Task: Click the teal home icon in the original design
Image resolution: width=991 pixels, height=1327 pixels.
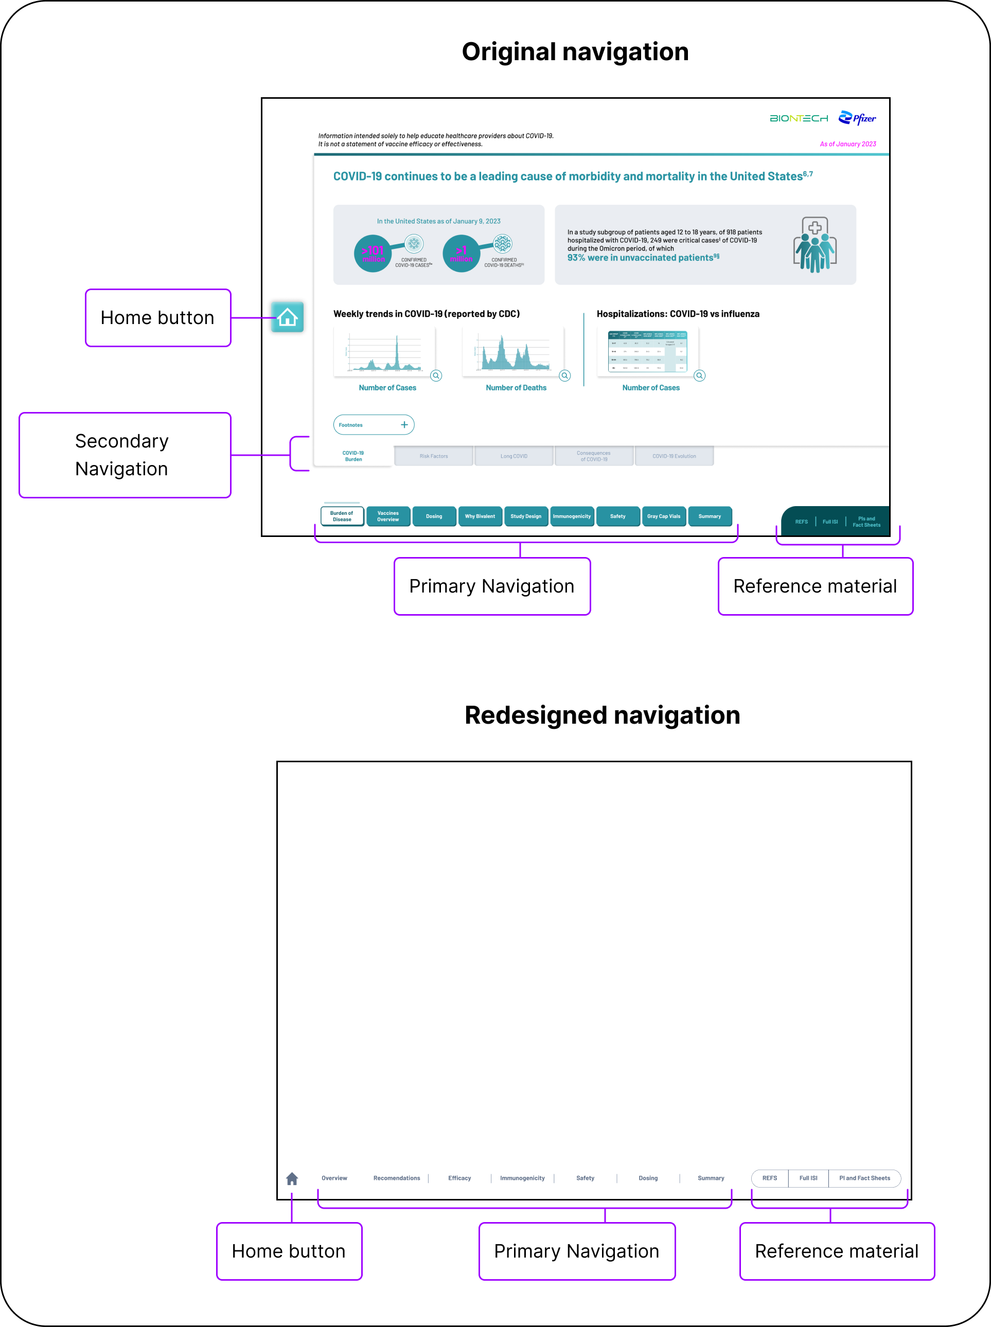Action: click(x=287, y=317)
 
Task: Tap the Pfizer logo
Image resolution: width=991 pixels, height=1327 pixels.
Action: click(x=857, y=118)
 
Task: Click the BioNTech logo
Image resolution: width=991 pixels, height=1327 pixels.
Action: click(x=799, y=119)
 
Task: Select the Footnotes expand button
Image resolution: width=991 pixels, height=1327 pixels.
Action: click(x=374, y=424)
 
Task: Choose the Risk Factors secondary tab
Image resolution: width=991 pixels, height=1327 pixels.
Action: click(x=434, y=456)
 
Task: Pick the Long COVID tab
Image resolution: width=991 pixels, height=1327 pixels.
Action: click(x=514, y=456)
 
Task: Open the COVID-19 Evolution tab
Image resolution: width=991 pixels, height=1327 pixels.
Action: click(x=674, y=456)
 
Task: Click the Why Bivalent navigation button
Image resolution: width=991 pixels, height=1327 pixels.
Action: click(x=480, y=516)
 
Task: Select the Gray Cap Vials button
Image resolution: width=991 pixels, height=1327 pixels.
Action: click(x=663, y=516)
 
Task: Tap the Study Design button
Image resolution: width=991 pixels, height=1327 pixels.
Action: click(x=526, y=516)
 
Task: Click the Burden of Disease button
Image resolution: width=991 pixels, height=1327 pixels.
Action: click(x=342, y=516)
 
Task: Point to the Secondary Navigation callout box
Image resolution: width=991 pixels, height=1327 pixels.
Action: click(x=125, y=455)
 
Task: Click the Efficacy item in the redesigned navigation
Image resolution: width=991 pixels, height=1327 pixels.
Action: click(x=459, y=1178)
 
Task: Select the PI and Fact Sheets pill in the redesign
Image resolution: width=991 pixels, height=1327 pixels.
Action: click(x=864, y=1178)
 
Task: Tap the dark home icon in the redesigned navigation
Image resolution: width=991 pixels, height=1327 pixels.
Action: click(x=292, y=1179)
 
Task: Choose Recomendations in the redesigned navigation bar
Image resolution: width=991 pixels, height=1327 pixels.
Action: click(x=397, y=1178)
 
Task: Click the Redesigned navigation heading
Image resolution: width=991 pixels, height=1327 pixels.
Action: click(x=603, y=715)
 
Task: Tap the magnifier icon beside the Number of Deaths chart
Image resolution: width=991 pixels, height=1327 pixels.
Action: click(x=565, y=376)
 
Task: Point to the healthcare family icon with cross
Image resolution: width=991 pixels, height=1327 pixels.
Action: click(x=815, y=245)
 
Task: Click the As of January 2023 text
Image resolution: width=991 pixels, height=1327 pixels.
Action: click(x=847, y=144)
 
